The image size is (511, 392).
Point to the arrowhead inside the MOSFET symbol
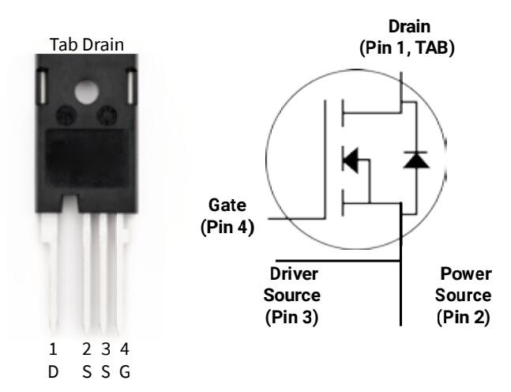[350, 161]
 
